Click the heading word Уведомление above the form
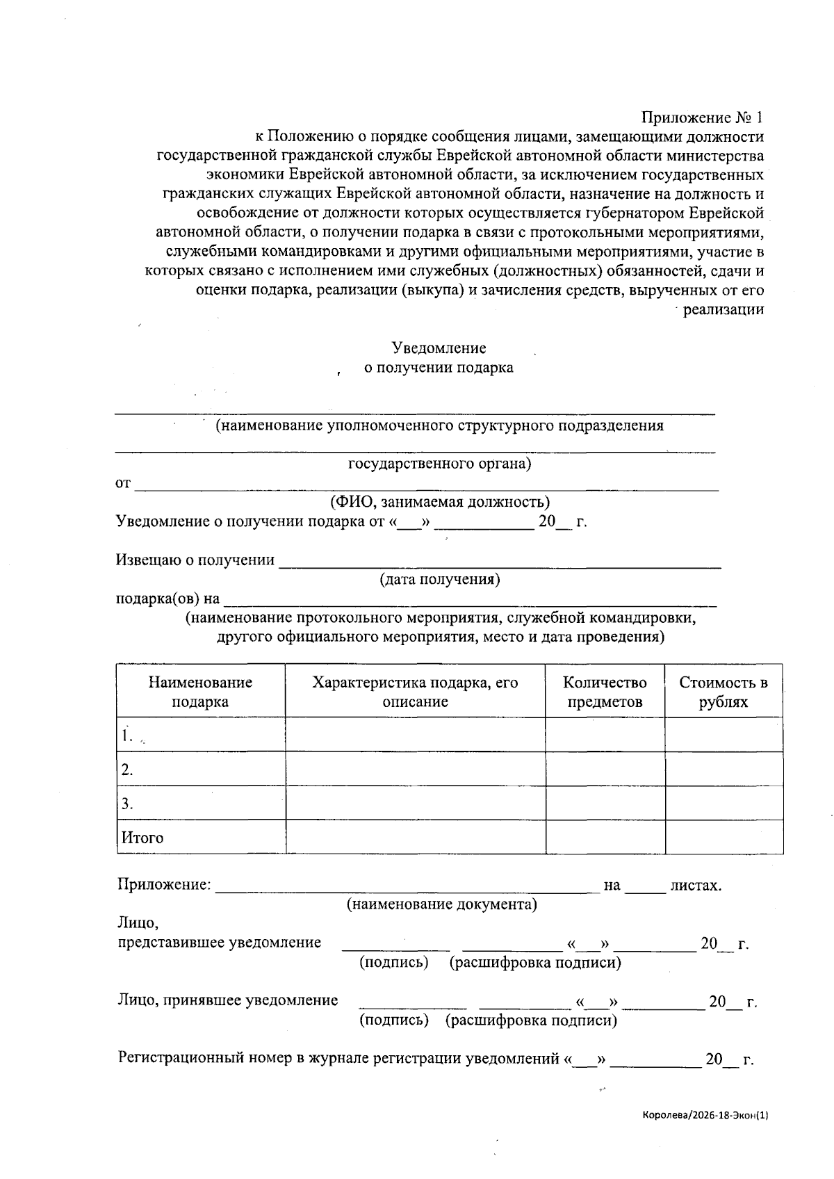pyautogui.click(x=439, y=348)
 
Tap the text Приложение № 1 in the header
pyautogui.click(x=703, y=117)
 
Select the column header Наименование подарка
pyautogui.click(x=200, y=692)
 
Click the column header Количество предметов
pyautogui.click(x=605, y=692)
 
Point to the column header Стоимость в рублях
pyautogui.click(x=723, y=692)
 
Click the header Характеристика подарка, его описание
pyautogui.click(x=415, y=692)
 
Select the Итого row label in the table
pyautogui.click(x=142, y=838)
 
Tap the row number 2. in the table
pyautogui.click(x=127, y=770)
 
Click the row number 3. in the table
pyautogui.click(x=127, y=804)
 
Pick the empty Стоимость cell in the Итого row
pyautogui.click(x=723, y=837)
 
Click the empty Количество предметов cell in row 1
pyautogui.click(x=605, y=735)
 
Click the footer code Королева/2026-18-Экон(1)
pyautogui.click(x=705, y=1116)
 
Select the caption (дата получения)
pyautogui.click(x=439, y=579)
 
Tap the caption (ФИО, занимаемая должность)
pyautogui.click(x=439, y=502)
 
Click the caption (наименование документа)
pyautogui.click(x=441, y=904)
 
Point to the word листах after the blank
pyautogui.click(x=695, y=886)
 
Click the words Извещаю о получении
pyautogui.click(x=195, y=560)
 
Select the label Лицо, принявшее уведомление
pyautogui.click(x=228, y=1000)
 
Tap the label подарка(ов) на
pyautogui.click(x=167, y=599)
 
